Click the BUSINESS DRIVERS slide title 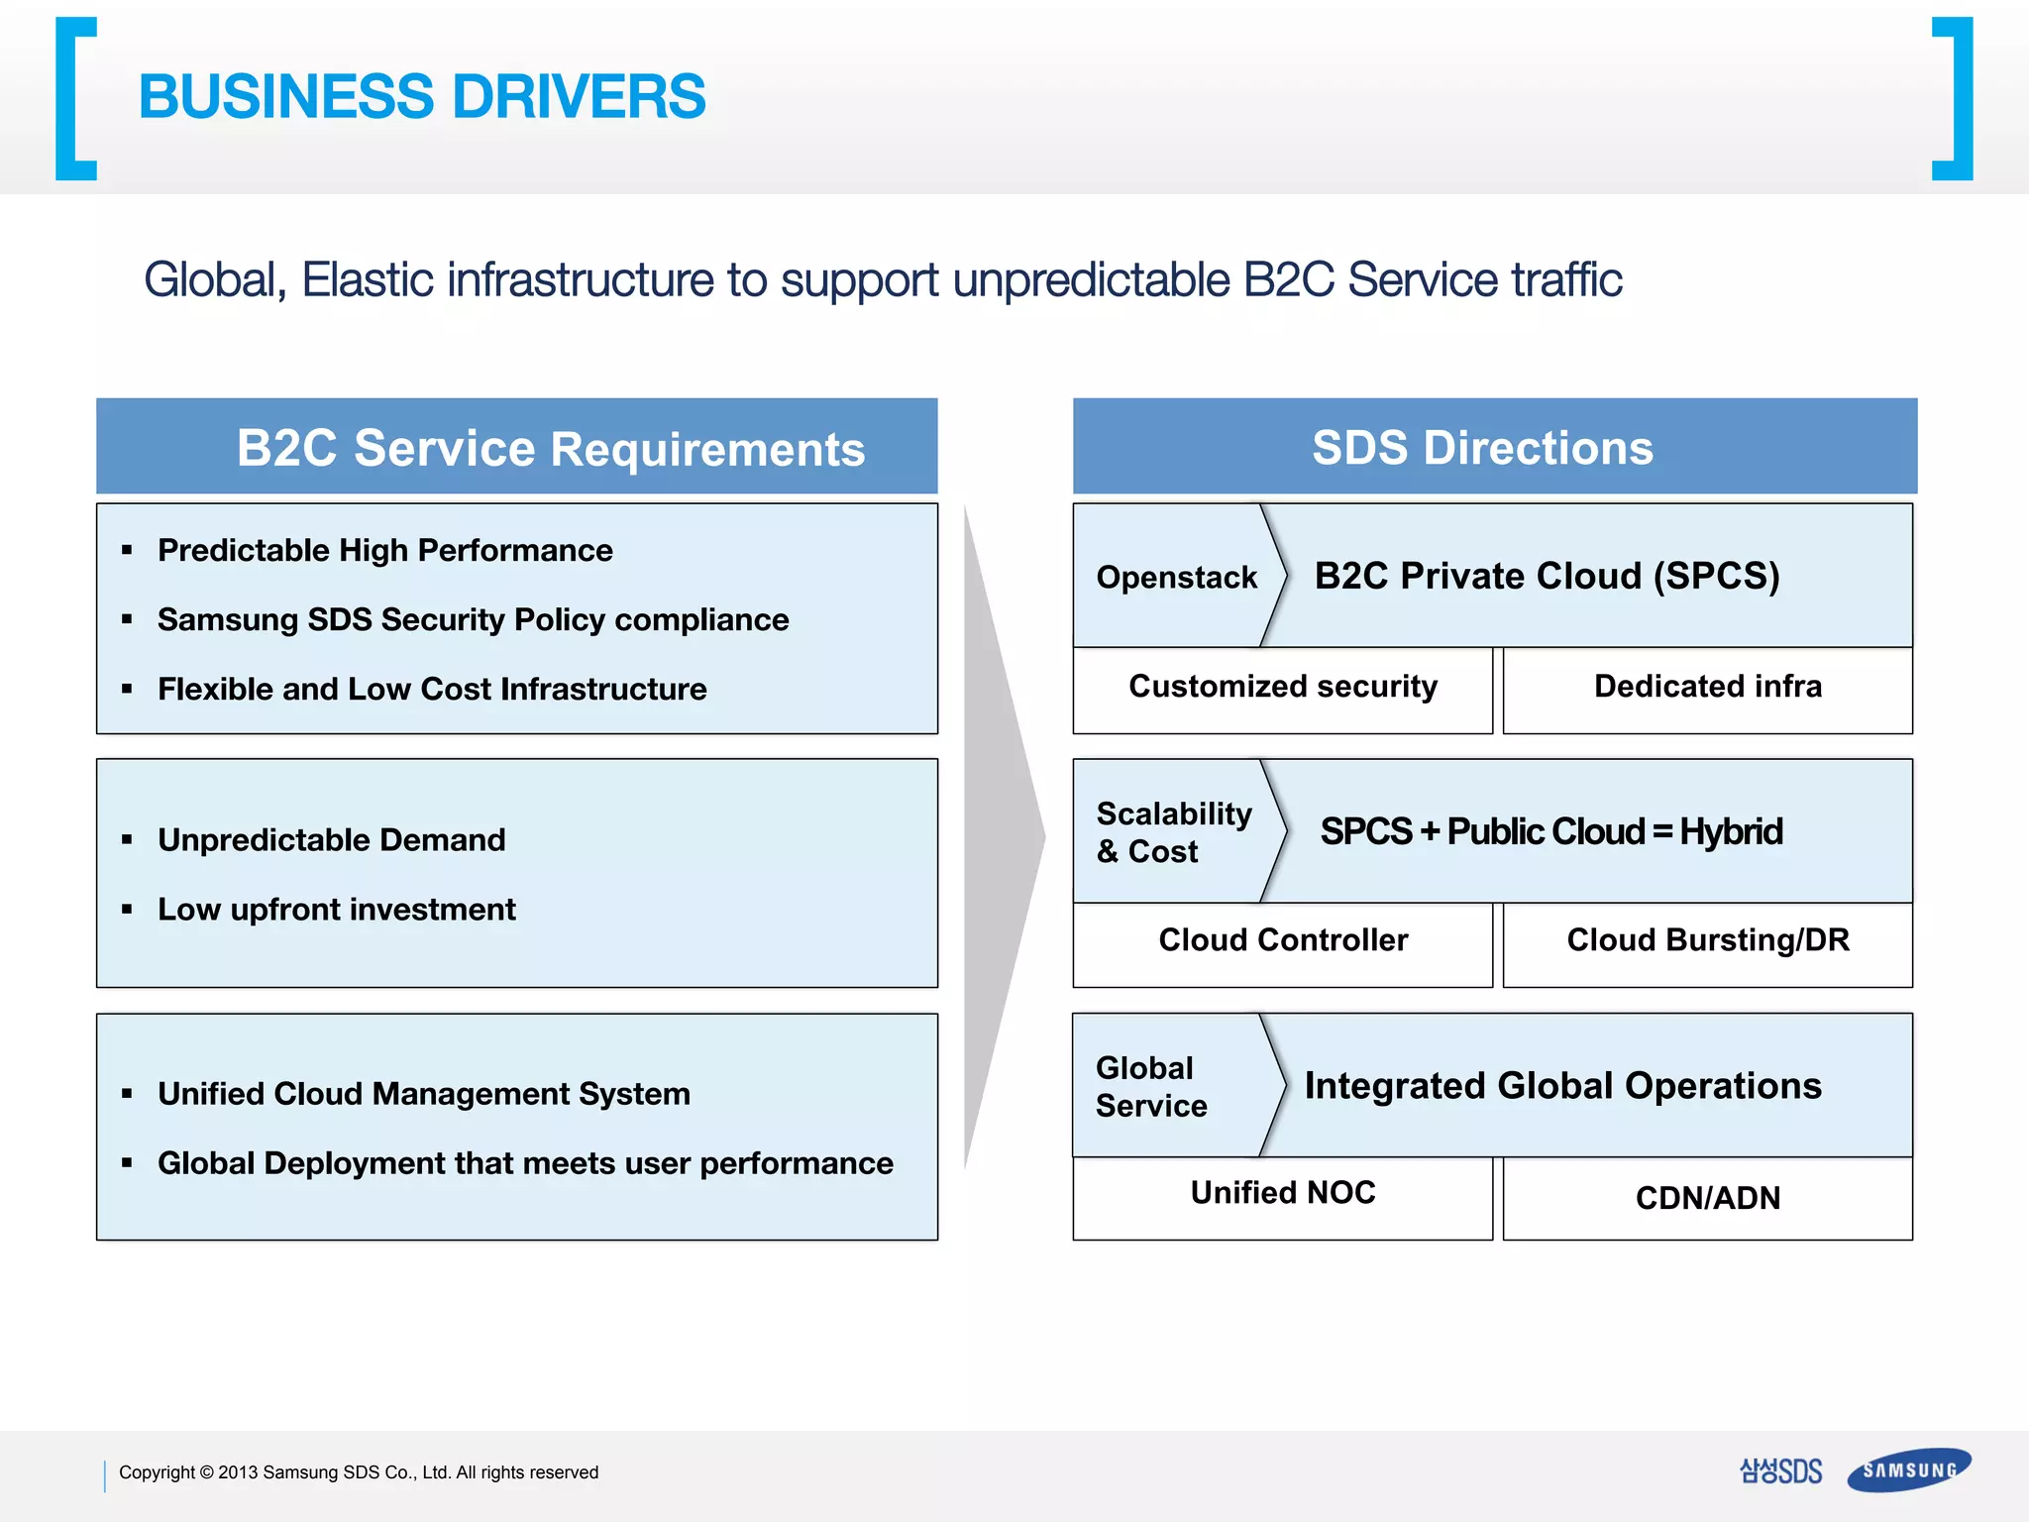tap(421, 97)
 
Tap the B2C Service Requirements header tap(550, 448)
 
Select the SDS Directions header tap(1482, 448)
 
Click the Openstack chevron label tap(1176, 577)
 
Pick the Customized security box tap(1282, 688)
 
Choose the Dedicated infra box tap(1707, 688)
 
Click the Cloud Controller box tap(1282, 941)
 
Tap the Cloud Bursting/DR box tap(1707, 941)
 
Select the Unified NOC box tap(1282, 1194)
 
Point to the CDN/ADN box tap(1707, 1198)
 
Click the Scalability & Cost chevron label tap(1173, 832)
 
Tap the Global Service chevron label tap(1151, 1087)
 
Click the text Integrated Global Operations tap(1562, 1086)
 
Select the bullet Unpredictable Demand tap(331, 840)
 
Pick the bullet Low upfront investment tap(336, 910)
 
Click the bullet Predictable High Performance tap(384, 551)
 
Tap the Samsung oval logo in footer tap(1908, 1470)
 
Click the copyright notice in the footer tap(358, 1472)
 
